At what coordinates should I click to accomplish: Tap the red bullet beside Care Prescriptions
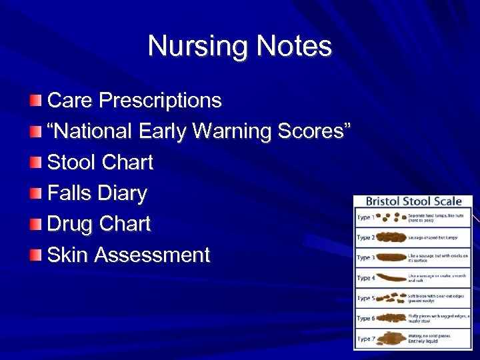[x=35, y=101]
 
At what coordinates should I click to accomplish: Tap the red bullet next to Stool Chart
[x=35, y=162]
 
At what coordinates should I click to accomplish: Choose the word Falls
[x=69, y=193]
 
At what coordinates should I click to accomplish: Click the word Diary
[x=121, y=193]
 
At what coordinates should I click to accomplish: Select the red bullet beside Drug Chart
[x=35, y=224]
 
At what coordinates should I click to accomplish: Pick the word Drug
[x=70, y=224]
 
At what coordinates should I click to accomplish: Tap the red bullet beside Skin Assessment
[x=35, y=255]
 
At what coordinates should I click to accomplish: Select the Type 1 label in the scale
[x=365, y=217]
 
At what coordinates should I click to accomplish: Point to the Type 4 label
[x=365, y=278]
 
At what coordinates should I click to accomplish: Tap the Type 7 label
[x=365, y=339]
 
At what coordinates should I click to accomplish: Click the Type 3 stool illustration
[x=389, y=258]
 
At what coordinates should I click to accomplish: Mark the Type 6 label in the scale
[x=365, y=319]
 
